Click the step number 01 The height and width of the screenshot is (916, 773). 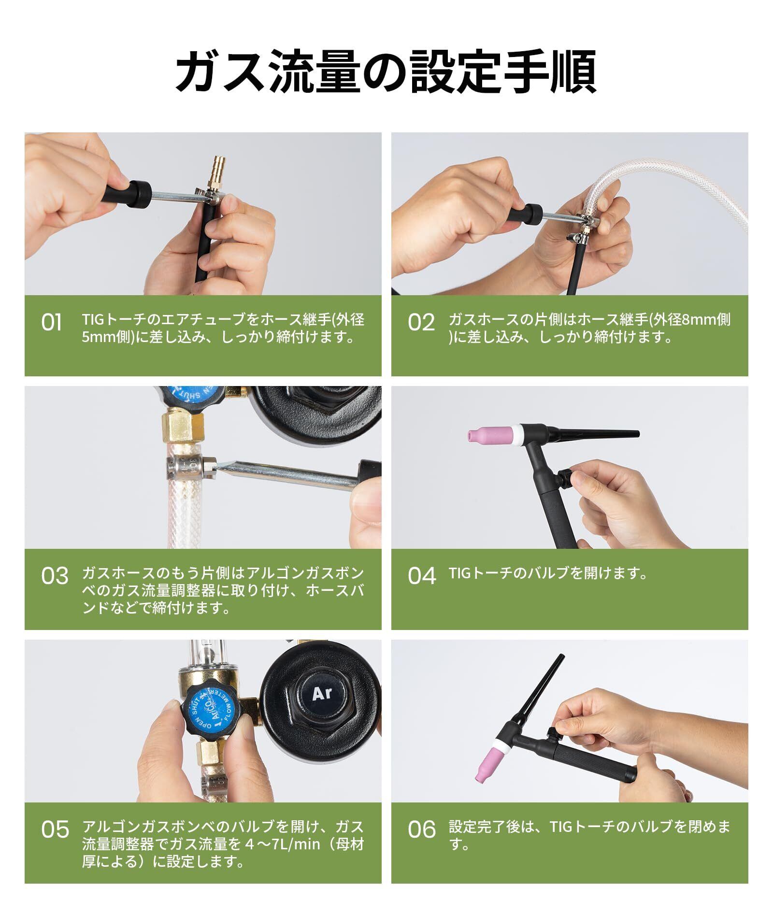pos(51,323)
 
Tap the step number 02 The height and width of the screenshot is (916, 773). pos(421,323)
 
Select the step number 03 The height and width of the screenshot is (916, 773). pos(55,576)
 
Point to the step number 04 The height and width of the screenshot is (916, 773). pos(422,576)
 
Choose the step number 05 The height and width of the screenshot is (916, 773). pos(55,830)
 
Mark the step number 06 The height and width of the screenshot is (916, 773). pos(422,830)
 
